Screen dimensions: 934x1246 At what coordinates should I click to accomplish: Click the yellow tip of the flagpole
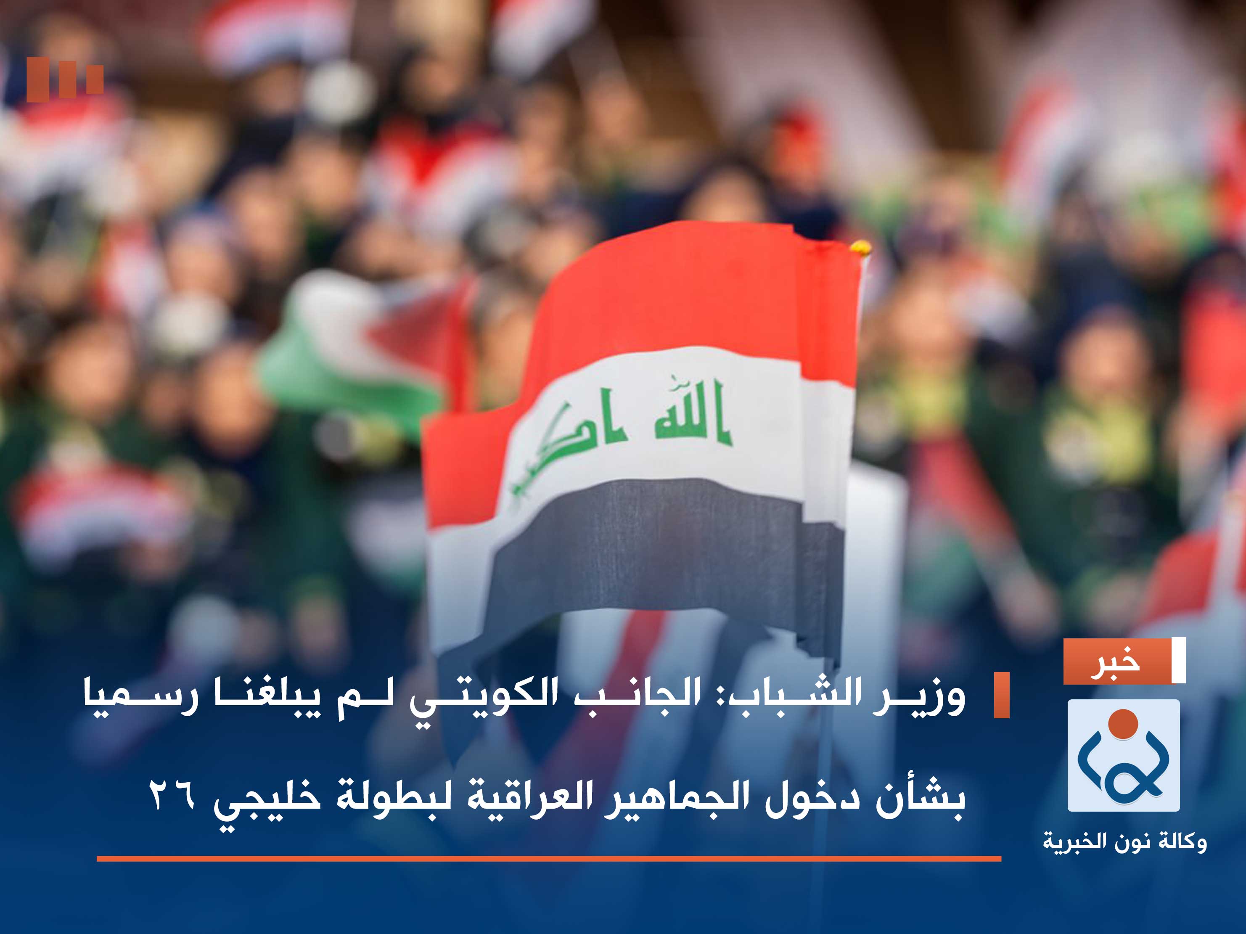coord(860,247)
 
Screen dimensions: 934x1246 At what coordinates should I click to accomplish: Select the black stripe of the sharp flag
coord(648,541)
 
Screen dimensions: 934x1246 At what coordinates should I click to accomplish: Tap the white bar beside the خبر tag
coord(1178,660)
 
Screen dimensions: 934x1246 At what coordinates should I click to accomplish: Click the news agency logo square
coord(1123,755)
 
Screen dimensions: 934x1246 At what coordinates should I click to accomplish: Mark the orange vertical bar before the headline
coord(1002,695)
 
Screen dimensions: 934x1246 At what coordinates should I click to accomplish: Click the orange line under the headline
coord(549,859)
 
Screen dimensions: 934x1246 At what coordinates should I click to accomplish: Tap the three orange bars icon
coord(65,79)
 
